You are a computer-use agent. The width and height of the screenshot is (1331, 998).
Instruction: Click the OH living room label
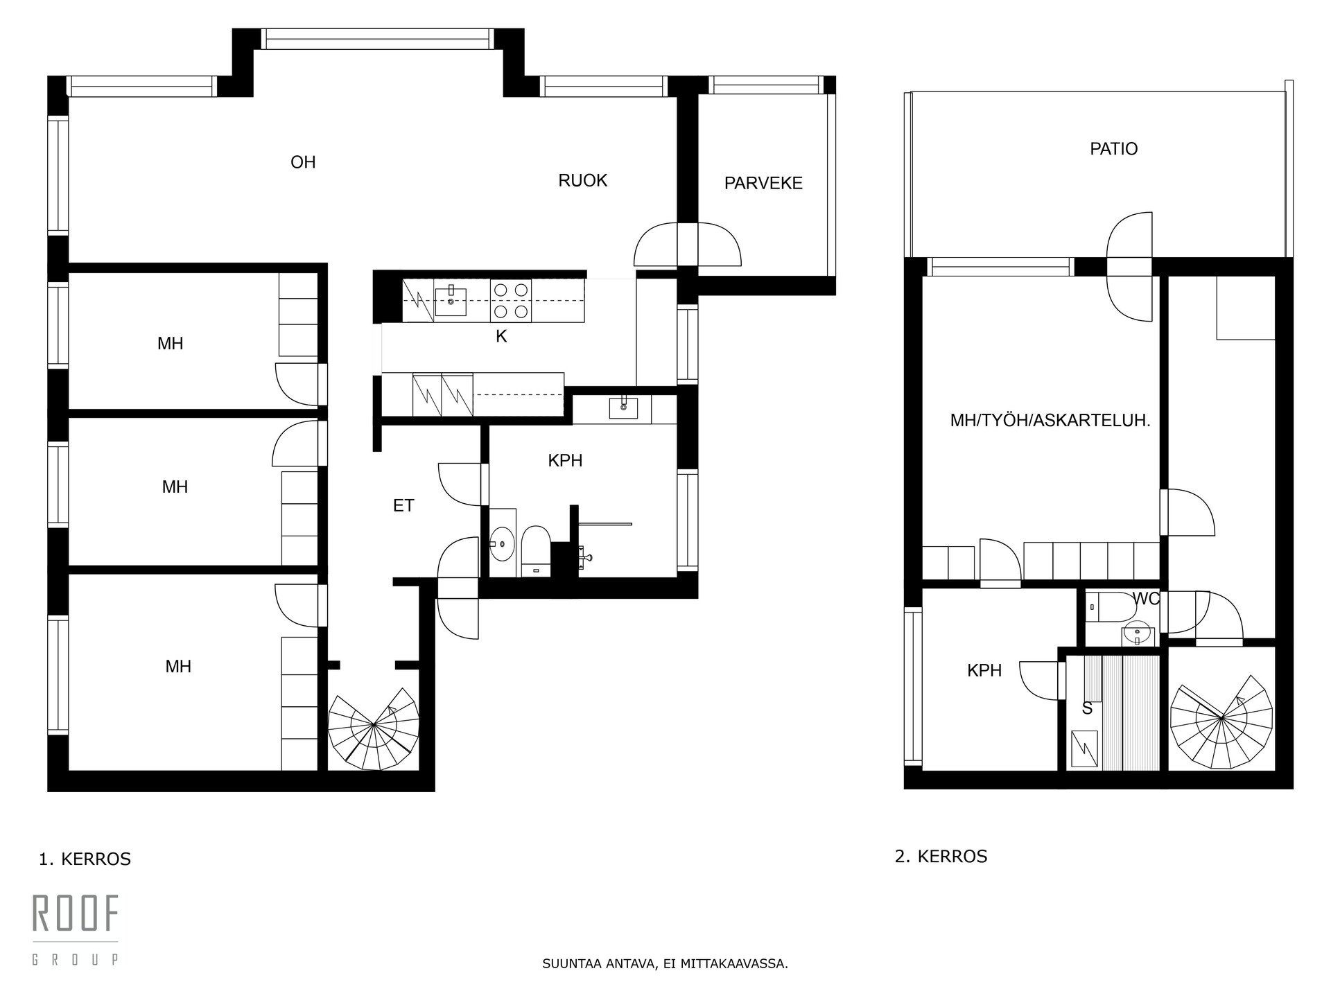[x=303, y=162]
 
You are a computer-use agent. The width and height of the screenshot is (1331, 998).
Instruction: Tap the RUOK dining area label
[x=583, y=181]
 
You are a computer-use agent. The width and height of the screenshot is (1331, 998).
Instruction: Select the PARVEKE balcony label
[x=763, y=183]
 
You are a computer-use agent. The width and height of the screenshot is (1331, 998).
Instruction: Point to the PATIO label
[x=1114, y=149]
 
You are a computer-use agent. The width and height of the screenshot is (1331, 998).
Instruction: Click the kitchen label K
[x=501, y=337]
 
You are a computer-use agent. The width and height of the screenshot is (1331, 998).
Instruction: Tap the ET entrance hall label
[x=403, y=506]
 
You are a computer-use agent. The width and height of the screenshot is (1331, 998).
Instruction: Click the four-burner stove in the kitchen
[x=510, y=300]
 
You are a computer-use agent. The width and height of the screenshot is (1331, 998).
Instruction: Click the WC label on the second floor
[x=1145, y=599]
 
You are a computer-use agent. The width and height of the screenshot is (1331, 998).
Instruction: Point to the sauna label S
[x=1087, y=708]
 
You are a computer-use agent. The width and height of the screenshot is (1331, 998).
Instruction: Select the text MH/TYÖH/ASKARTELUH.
[x=1050, y=421]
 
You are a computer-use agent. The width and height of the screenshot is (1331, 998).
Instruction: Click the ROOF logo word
[x=76, y=913]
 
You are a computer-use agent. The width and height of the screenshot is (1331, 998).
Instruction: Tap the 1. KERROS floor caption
[x=85, y=859]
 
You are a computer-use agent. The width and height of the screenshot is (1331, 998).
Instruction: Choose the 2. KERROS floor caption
[x=941, y=857]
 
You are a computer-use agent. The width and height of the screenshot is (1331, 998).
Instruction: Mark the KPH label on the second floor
[x=984, y=670]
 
